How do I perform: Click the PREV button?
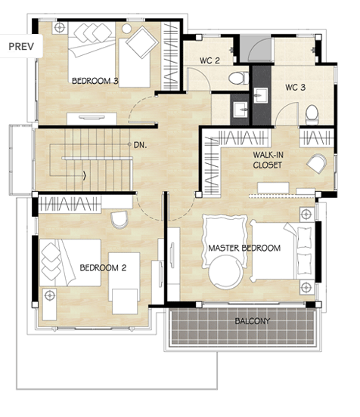click(x=21, y=46)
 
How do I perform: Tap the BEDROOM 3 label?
click(x=95, y=81)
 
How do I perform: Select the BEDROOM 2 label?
click(x=103, y=267)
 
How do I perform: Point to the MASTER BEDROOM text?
click(x=244, y=248)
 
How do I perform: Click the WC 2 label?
click(x=209, y=60)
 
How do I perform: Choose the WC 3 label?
click(x=295, y=87)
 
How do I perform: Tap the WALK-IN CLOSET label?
click(x=268, y=160)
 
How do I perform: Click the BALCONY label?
click(x=252, y=321)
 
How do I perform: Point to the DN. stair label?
click(x=140, y=145)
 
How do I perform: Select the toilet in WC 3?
click(x=312, y=115)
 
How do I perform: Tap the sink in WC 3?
click(x=261, y=95)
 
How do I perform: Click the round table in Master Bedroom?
click(x=225, y=272)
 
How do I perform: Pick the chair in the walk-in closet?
click(x=317, y=163)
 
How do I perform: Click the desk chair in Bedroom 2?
click(x=119, y=220)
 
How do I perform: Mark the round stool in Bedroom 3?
click(x=127, y=29)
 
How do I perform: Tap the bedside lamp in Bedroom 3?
click(x=60, y=28)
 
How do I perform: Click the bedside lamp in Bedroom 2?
click(x=50, y=295)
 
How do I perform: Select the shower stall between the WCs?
click(x=256, y=49)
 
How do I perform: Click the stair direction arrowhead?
click(x=85, y=175)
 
